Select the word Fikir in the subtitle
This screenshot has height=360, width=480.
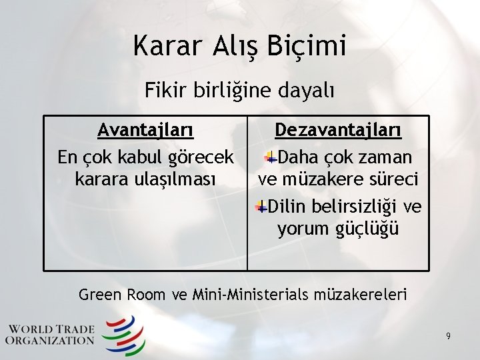162,90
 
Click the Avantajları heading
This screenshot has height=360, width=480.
145,129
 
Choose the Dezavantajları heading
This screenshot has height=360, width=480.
338,129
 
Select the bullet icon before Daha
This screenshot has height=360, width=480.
271,157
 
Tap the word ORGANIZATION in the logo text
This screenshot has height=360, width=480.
50,340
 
